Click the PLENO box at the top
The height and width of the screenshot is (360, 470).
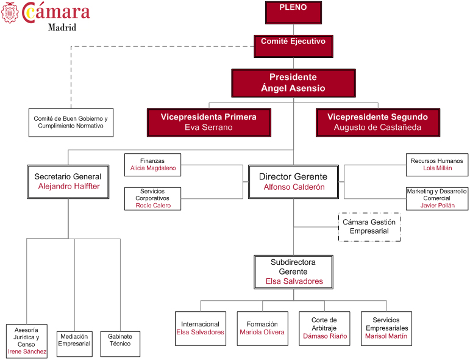[x=293, y=12]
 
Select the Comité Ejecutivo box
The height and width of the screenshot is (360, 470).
[x=293, y=46]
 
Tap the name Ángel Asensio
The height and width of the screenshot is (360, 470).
[x=293, y=88]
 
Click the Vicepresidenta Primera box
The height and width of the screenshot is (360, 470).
[x=208, y=122]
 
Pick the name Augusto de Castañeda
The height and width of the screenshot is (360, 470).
[x=377, y=128]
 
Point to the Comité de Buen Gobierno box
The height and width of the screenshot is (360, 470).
[x=71, y=122]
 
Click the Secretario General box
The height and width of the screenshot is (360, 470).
[x=68, y=181]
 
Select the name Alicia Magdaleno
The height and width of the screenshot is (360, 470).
[x=152, y=168]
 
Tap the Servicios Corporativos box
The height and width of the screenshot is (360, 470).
[x=152, y=198]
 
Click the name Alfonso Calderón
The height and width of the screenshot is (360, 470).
[x=294, y=187]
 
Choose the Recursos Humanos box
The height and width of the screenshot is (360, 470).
[x=436, y=165]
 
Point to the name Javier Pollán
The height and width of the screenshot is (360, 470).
[x=437, y=206]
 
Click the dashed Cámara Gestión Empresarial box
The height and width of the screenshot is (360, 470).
[x=369, y=226]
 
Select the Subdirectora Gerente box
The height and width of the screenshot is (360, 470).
[x=293, y=272]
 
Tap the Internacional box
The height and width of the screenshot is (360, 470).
[x=200, y=328]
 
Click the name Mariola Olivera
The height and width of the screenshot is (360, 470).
[x=262, y=333]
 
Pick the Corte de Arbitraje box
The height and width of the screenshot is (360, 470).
[x=324, y=328]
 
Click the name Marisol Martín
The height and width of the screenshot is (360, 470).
[x=386, y=336]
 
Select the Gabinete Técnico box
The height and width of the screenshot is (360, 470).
[x=120, y=344]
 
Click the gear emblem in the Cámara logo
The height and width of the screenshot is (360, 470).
[x=10, y=12]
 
